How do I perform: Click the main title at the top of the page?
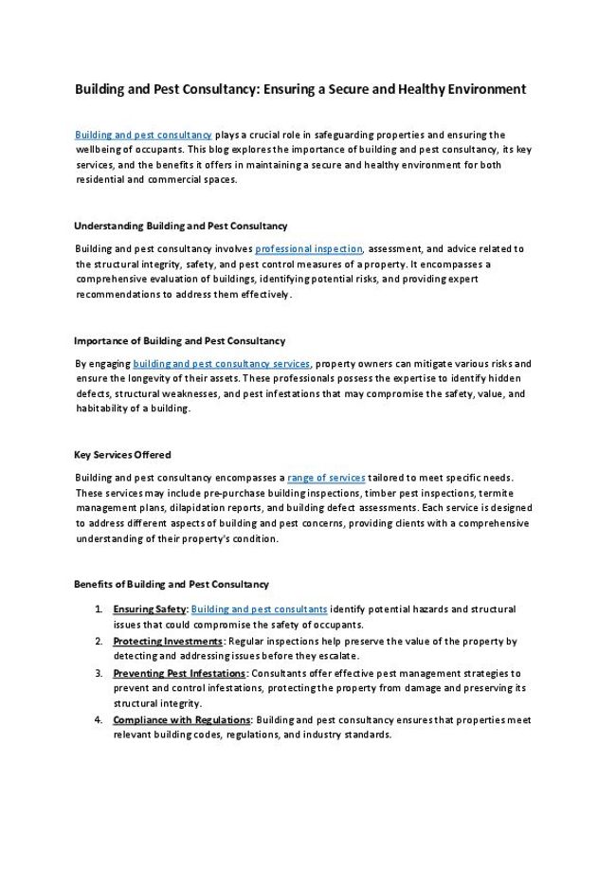point(299,90)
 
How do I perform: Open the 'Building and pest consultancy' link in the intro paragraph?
point(143,135)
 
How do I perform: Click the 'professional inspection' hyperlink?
point(309,249)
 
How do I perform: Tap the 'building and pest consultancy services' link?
point(222,364)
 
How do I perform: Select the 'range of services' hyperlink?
point(326,479)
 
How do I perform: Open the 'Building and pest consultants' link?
point(260,609)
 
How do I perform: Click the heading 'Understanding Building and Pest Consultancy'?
point(180,226)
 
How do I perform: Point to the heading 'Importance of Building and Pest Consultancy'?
point(179,340)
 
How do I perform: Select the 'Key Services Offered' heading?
point(122,455)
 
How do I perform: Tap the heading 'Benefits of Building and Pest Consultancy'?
point(171,585)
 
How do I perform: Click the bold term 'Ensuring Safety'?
point(150,609)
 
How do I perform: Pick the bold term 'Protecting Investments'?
point(168,642)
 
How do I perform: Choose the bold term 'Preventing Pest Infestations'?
point(179,673)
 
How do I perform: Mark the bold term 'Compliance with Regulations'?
point(182,720)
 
